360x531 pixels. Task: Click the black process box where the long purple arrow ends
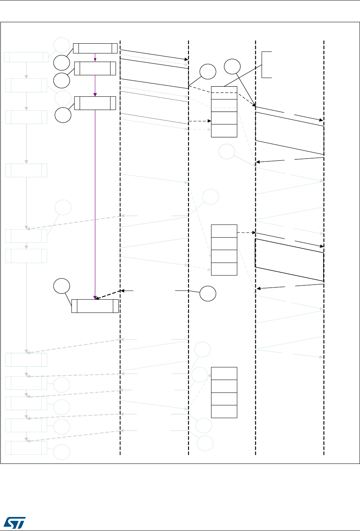[95, 306]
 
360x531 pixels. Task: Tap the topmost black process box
[95, 48]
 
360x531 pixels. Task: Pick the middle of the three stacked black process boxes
[95, 68]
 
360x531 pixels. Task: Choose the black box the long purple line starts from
[95, 103]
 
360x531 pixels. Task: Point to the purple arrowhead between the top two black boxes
[95, 60]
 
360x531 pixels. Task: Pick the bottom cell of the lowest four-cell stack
[224, 411]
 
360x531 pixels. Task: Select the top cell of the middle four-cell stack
[224, 231]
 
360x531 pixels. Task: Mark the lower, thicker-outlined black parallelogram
[289, 259]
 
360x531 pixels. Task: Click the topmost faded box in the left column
[23, 57]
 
